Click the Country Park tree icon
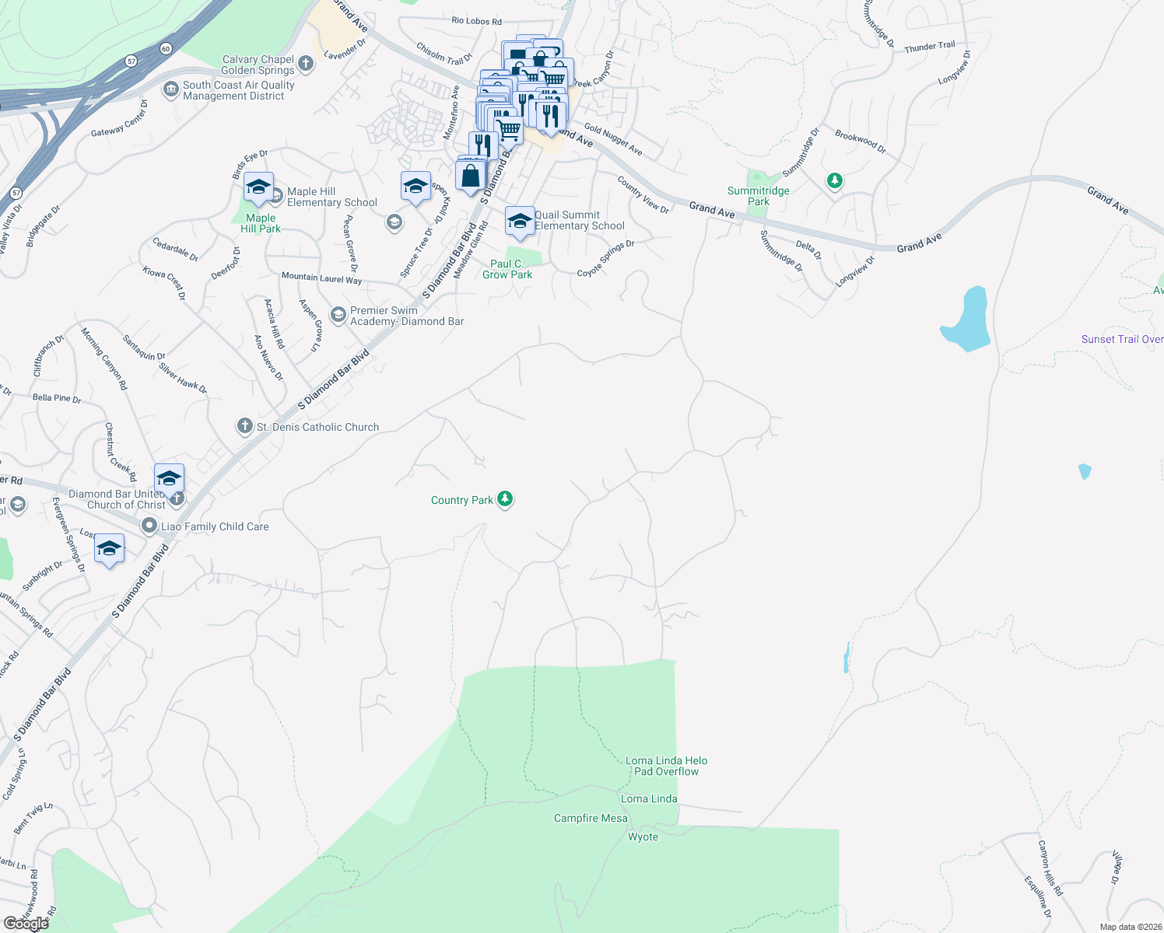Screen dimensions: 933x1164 point(505,499)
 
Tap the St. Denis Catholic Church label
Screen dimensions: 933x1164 point(317,427)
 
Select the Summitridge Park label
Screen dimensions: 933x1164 point(758,196)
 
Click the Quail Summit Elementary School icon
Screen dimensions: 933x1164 point(520,220)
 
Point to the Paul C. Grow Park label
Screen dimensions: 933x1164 point(507,269)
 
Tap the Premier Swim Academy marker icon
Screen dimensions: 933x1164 point(338,315)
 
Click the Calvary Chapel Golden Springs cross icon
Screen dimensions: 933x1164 point(306,64)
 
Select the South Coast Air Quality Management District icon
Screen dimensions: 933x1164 point(170,90)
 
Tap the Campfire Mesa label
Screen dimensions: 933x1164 point(591,818)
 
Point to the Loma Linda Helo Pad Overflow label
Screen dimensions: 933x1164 point(666,766)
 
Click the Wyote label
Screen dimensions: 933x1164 point(643,837)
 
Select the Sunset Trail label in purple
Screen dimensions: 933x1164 point(1122,339)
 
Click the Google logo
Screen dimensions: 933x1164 point(26,923)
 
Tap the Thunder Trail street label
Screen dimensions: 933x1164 point(929,47)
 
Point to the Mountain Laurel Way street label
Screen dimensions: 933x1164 point(321,278)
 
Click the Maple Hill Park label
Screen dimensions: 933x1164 point(261,223)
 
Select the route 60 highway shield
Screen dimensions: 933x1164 point(166,49)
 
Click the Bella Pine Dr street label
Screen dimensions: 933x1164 point(57,398)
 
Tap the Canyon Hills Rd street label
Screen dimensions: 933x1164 point(1050,868)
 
